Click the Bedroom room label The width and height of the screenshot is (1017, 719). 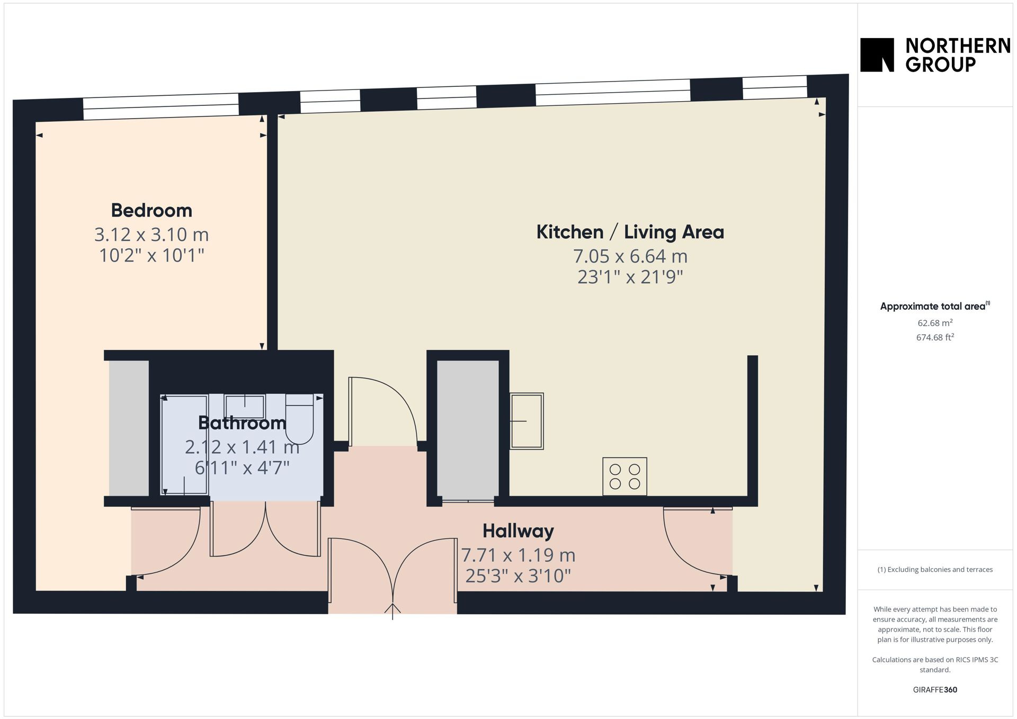pyautogui.click(x=151, y=211)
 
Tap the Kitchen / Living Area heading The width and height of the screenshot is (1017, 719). pyautogui.click(x=630, y=232)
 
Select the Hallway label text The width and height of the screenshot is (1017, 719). pyautogui.click(x=518, y=531)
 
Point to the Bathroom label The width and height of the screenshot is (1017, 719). pyautogui.click(x=242, y=423)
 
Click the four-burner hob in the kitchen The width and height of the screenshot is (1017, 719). pyautogui.click(x=625, y=477)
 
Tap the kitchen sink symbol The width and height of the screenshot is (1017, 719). pyautogui.click(x=527, y=421)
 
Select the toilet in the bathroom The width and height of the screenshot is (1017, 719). pyautogui.click(x=299, y=419)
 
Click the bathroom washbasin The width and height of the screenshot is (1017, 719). pyautogui.click(x=244, y=407)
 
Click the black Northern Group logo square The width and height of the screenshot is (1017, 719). pyautogui.click(x=877, y=55)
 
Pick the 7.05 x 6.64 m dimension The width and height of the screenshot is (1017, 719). pyautogui.click(x=630, y=256)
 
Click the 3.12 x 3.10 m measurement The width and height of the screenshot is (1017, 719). pyautogui.click(x=151, y=235)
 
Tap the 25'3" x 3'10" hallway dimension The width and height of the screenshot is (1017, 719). pyautogui.click(x=518, y=576)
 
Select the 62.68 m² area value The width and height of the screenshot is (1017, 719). pyautogui.click(x=935, y=322)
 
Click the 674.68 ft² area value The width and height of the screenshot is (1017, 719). pyautogui.click(x=935, y=337)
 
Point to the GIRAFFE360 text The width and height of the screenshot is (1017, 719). pyautogui.click(x=935, y=690)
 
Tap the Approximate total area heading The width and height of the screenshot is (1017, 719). pyautogui.click(x=935, y=306)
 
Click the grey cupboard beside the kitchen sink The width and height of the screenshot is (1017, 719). pyautogui.click(x=468, y=429)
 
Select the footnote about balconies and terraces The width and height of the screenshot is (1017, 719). pyautogui.click(x=935, y=570)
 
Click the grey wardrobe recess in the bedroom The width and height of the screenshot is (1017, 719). pyautogui.click(x=129, y=428)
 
